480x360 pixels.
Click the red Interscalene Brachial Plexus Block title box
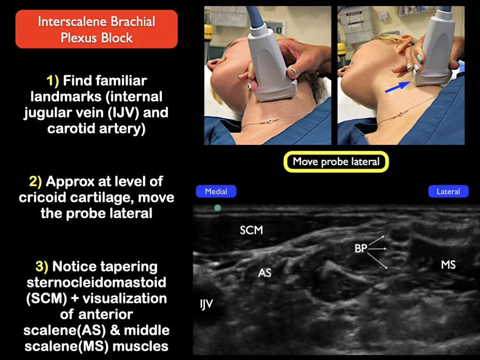pos(96,29)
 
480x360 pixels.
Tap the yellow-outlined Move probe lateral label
pos(336,162)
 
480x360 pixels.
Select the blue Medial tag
pos(216,192)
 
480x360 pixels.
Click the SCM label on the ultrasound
pos(252,230)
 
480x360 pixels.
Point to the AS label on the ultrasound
pos(264,273)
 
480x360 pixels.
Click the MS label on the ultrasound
pos(448,264)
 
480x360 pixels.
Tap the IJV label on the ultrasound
pos(206,304)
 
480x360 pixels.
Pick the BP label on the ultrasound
pos(360,249)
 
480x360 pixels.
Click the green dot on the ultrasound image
pos(217,208)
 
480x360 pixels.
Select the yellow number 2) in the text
pos(36,181)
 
